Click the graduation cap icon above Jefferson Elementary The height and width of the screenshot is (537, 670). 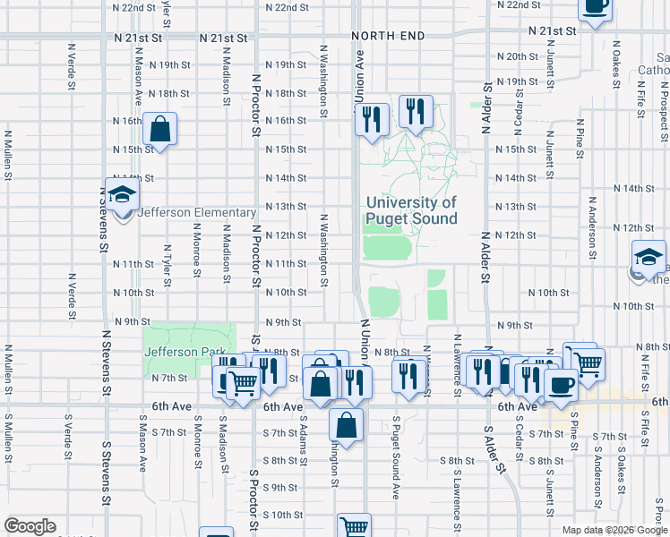coord(122,194)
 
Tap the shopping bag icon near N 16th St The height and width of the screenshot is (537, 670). coord(159,129)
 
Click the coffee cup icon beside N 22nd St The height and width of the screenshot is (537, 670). coord(595,7)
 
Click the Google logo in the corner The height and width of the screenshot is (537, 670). coord(29,526)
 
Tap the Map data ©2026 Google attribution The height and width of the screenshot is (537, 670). coord(614,530)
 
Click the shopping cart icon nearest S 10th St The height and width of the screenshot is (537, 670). coord(355,528)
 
